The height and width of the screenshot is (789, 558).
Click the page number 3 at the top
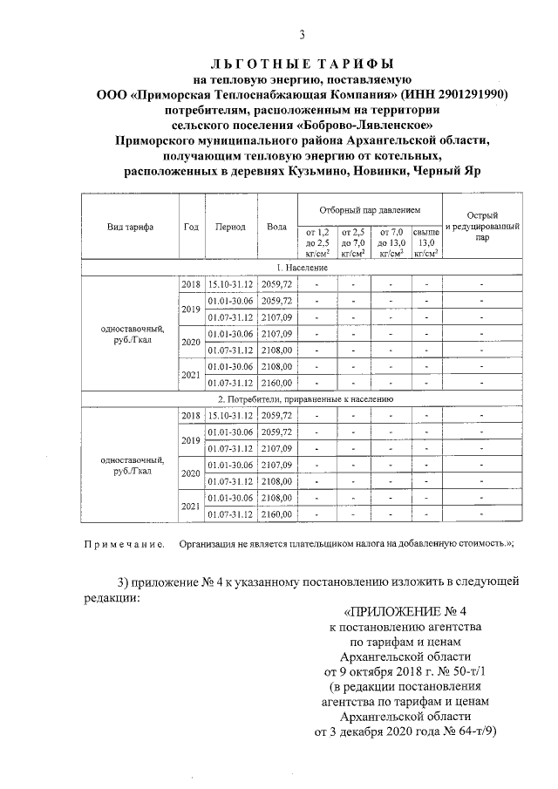pos(302,36)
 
